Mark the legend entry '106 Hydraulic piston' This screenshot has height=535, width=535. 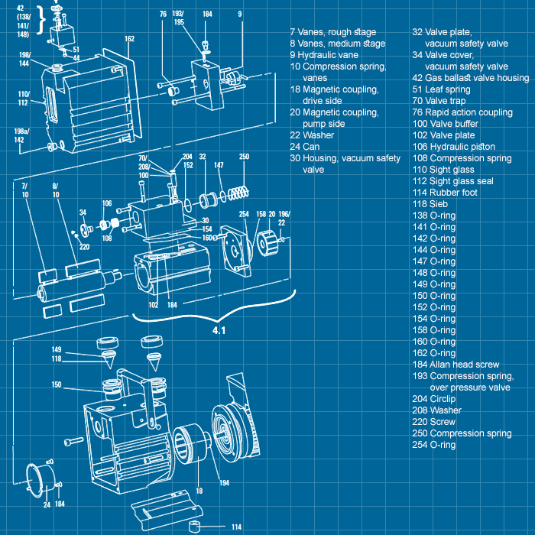(x=453, y=147)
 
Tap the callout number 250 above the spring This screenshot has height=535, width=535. (x=244, y=157)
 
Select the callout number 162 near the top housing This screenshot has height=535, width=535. (x=129, y=39)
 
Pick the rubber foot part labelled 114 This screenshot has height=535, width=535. (x=194, y=527)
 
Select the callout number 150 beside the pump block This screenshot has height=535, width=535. (x=57, y=384)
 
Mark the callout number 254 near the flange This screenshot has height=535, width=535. (x=244, y=215)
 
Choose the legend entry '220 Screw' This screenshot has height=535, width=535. (x=434, y=422)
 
